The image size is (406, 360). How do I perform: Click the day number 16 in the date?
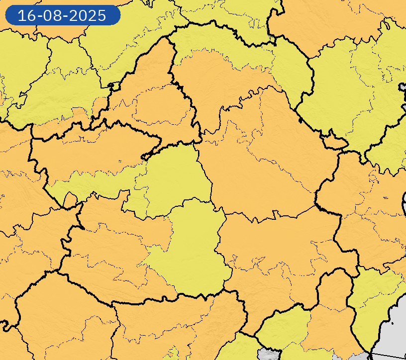(x=25, y=15)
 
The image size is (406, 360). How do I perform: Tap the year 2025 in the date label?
(x=88, y=15)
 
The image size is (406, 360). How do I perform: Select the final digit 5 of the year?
(x=101, y=15)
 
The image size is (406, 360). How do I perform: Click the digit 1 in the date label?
(x=21, y=15)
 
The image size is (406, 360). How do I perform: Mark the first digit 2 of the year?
(x=74, y=15)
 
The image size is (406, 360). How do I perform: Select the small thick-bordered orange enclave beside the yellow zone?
(x=334, y=143)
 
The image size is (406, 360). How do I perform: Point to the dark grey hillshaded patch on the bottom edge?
(x=269, y=355)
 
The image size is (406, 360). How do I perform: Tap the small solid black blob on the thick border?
(x=300, y=119)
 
